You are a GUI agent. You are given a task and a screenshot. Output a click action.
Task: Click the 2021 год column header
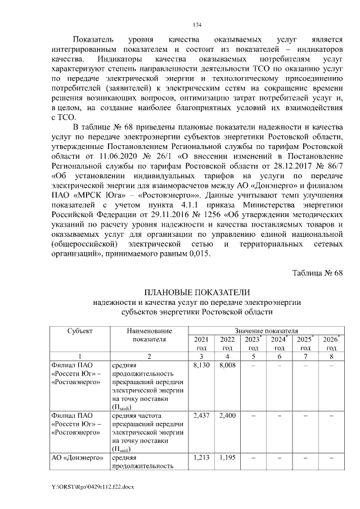(200, 344)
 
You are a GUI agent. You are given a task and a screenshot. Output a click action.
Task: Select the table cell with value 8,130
(200, 365)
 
